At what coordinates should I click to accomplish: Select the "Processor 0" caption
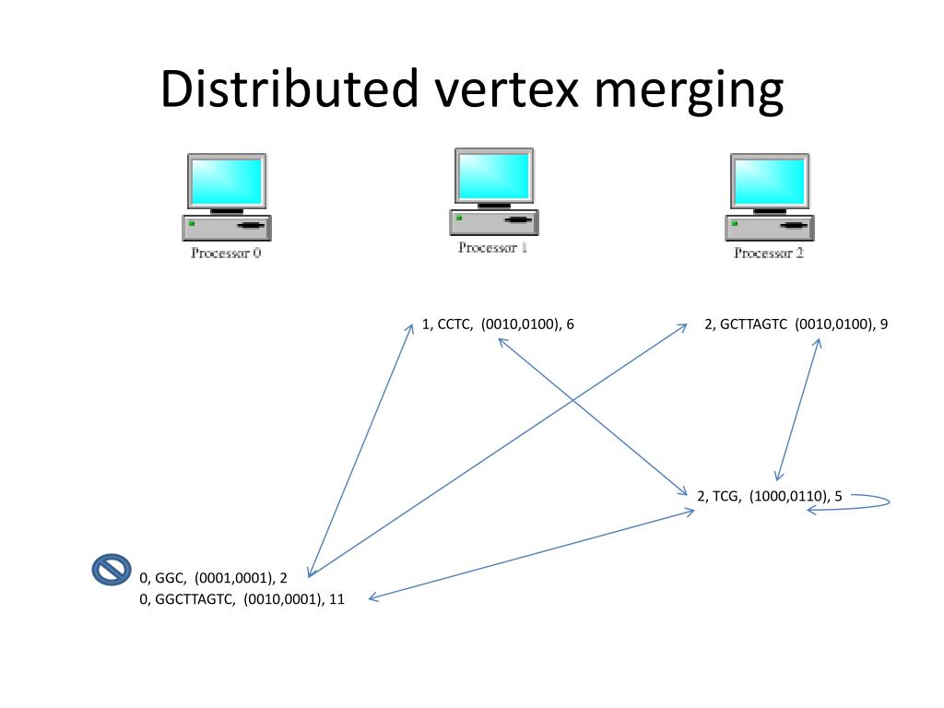point(226,253)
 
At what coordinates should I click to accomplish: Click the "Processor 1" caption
point(492,247)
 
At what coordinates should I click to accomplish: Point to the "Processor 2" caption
point(768,253)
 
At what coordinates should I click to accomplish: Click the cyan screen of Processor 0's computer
point(226,182)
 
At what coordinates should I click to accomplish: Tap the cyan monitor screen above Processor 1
point(494,176)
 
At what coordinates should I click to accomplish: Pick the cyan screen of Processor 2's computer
point(768,182)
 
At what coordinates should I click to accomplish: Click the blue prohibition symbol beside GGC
point(112,570)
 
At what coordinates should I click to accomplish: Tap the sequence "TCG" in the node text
point(726,497)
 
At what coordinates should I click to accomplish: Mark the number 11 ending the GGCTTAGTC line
point(336,599)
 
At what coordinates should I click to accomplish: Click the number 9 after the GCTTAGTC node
point(884,324)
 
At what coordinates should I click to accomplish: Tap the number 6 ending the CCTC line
point(571,324)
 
